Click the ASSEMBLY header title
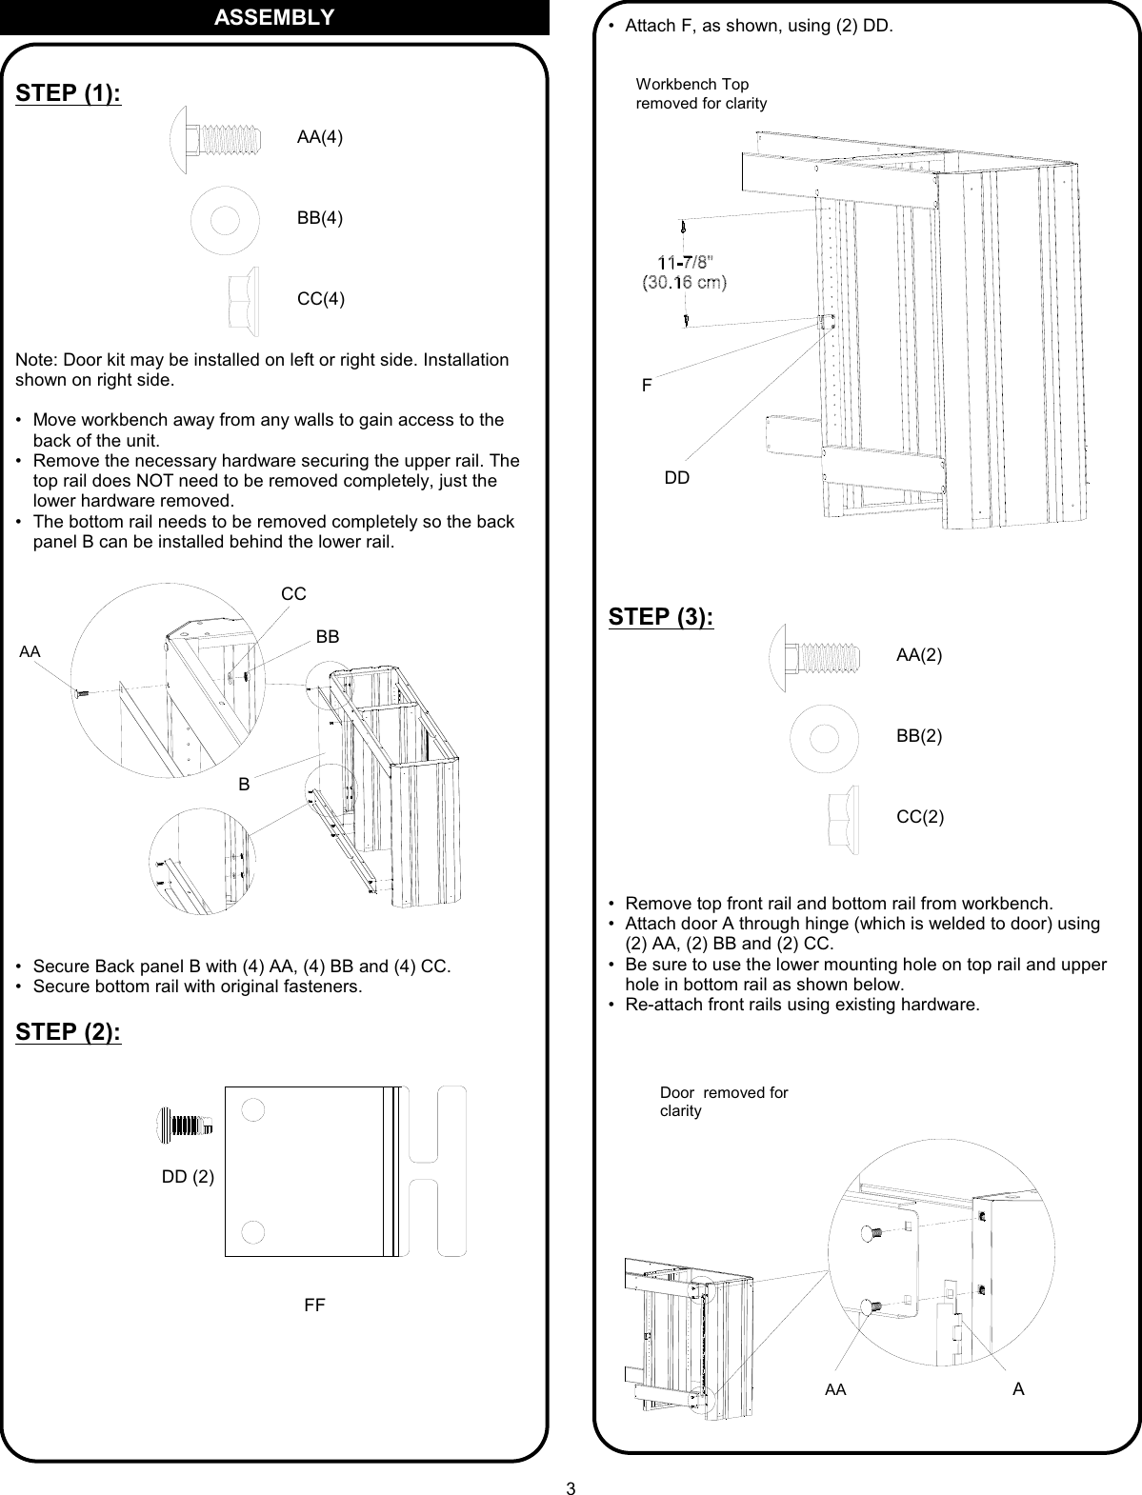[x=273, y=17]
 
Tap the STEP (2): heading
[x=69, y=1033]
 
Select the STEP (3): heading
[x=661, y=616]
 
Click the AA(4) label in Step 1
[x=320, y=137]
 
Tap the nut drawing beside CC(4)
[x=243, y=300]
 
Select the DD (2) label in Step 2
[x=188, y=1177]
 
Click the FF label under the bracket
[x=314, y=1306]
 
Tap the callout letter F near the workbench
[x=647, y=386]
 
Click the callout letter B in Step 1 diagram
[x=245, y=785]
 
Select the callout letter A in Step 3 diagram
[x=1018, y=1389]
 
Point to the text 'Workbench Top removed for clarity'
[x=701, y=94]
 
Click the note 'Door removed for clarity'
[x=724, y=1102]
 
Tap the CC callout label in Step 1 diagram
[x=293, y=594]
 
